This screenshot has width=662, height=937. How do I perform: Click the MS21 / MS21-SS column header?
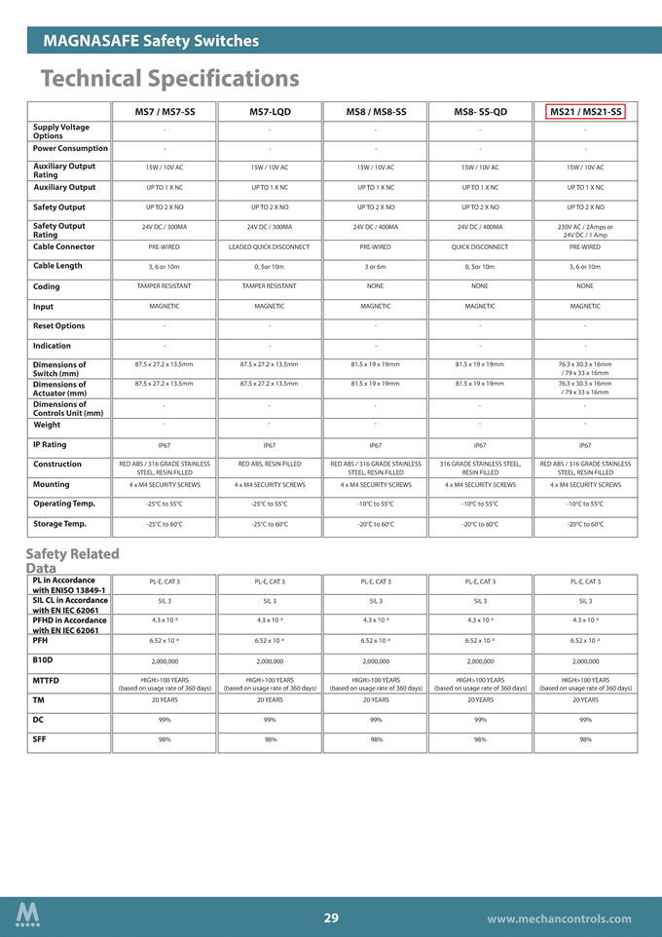[586, 112]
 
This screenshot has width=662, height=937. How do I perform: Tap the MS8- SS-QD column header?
[480, 112]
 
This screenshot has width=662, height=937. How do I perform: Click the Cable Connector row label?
[64, 246]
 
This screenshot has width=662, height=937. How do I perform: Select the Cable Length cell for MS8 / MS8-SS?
[376, 267]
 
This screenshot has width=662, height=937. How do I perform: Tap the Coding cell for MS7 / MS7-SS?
[165, 286]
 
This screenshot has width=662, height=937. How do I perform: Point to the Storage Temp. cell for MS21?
[586, 525]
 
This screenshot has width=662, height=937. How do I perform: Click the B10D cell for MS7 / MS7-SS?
[165, 660]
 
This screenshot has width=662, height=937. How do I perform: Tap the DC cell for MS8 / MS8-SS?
[376, 720]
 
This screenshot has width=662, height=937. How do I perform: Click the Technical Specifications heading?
[169, 77]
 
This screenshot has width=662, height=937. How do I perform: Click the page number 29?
[331, 918]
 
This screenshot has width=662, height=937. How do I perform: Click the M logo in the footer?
[27, 915]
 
